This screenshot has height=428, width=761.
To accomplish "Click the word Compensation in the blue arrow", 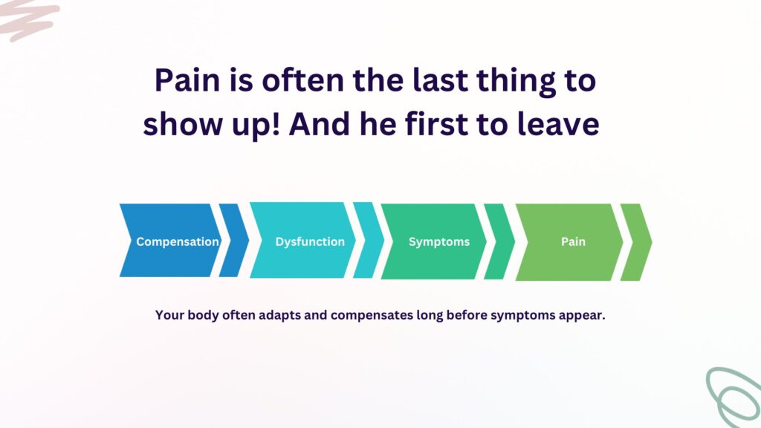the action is click(178, 241).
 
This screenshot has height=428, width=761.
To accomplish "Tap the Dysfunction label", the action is click(310, 241).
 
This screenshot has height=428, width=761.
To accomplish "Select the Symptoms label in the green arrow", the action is click(439, 241).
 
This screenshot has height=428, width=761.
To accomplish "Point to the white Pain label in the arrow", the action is click(573, 241).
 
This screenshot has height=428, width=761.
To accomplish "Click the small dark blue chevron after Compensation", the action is click(234, 240).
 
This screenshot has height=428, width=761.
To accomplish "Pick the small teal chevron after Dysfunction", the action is click(369, 240).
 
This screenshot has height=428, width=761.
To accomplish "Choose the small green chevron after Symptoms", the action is click(499, 241).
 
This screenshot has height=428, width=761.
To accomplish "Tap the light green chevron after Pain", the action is click(636, 241).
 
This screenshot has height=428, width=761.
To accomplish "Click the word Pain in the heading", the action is click(187, 80).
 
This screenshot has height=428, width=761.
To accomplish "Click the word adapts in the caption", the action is click(279, 315).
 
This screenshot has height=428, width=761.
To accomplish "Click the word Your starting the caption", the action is click(170, 315).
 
